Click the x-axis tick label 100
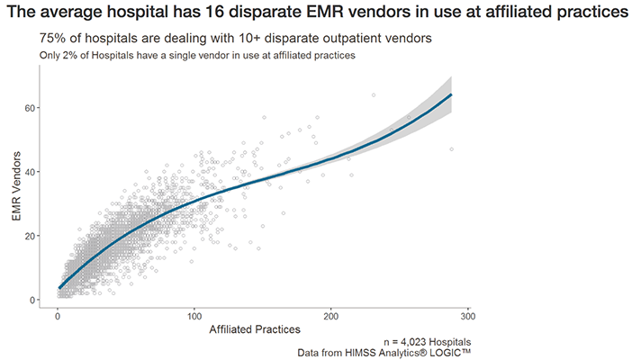(194, 317)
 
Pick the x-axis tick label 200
(331, 317)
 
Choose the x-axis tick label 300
(468, 317)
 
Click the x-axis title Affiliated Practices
(255, 331)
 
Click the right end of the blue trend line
(451, 94)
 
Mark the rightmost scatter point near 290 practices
(451, 149)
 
